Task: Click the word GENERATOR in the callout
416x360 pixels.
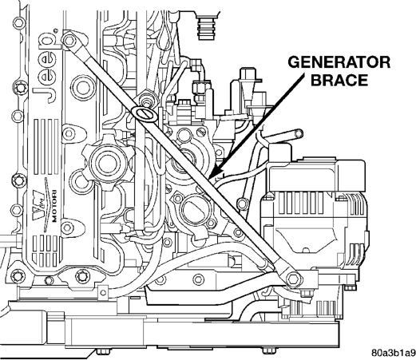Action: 339,62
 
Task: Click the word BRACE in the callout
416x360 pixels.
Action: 339,80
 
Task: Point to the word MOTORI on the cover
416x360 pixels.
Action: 54,206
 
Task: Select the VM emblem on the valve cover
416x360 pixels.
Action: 38,204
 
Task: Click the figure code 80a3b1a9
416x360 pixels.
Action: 394,353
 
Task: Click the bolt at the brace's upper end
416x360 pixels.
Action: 69,40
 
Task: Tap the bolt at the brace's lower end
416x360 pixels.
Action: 293,279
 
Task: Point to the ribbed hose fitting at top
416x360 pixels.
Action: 208,26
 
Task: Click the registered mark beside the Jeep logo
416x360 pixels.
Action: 56,30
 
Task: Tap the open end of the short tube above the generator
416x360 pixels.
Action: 299,133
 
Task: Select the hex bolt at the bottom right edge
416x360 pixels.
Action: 268,350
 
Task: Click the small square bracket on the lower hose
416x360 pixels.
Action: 103,292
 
